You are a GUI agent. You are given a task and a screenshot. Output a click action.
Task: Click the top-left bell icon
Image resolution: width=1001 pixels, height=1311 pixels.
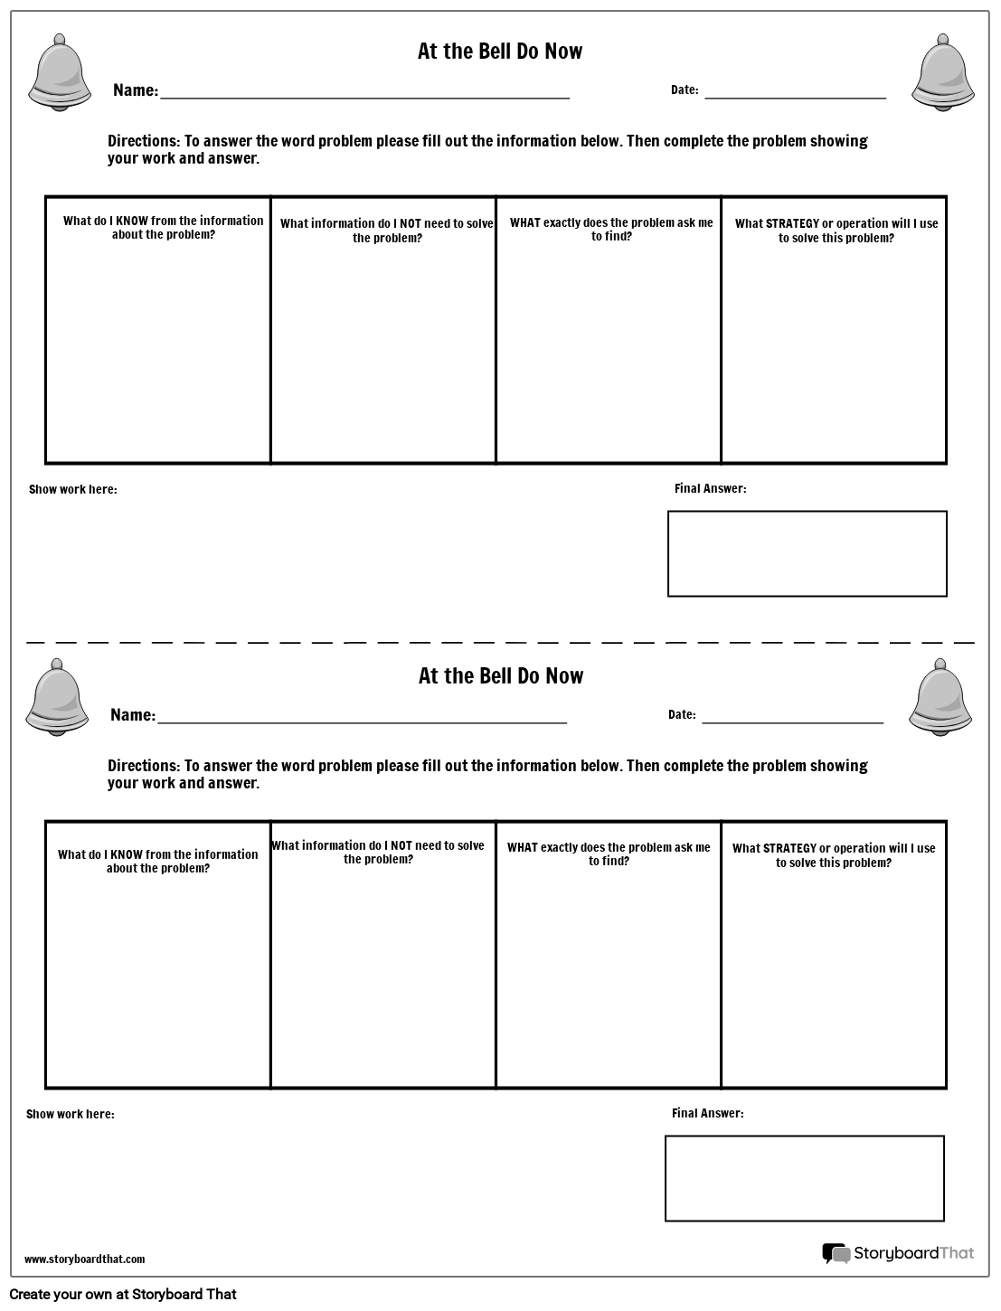coord(60,73)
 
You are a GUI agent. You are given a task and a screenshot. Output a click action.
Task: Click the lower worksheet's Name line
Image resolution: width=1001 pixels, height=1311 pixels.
coord(362,720)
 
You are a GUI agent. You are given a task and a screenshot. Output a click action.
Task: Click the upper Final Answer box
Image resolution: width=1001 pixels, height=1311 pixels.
coord(807,553)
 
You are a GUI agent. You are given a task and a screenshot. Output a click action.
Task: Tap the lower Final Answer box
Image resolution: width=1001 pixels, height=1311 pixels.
coord(804,1178)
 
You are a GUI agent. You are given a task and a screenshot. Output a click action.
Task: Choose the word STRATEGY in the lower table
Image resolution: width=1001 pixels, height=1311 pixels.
coord(790,848)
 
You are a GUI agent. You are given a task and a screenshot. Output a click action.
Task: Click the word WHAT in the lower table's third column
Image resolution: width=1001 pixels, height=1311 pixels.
coord(523,848)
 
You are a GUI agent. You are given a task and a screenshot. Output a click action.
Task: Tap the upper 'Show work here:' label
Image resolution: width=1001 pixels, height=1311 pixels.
coord(73,489)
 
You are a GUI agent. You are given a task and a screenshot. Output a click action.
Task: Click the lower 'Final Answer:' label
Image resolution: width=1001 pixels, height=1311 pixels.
coord(707,1113)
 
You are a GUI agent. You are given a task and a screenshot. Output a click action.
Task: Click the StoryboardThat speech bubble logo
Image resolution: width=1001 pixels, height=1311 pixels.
coord(836,1253)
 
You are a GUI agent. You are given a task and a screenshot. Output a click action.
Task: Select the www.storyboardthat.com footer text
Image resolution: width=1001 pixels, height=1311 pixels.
coord(84,1259)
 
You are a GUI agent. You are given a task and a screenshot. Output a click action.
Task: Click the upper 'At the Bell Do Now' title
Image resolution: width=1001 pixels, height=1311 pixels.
coord(500,52)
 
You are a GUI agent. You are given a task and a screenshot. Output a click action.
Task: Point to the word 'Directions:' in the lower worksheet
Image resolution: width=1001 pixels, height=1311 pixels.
coord(144,766)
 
